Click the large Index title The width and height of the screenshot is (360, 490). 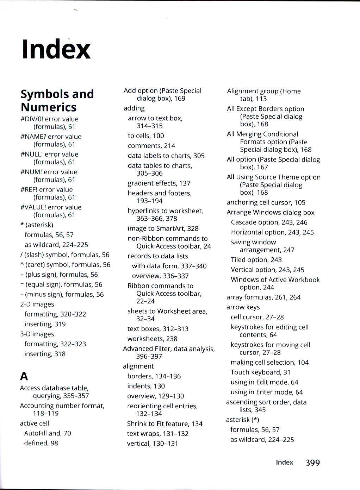[56, 49]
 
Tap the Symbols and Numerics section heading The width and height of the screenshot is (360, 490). [57, 100]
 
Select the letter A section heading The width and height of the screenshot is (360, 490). [24, 376]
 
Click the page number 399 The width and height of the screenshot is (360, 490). [313, 463]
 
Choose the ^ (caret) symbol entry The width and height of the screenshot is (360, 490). [65, 265]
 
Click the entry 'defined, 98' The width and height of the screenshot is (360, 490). [41, 443]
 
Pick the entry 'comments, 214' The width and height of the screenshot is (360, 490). [151, 146]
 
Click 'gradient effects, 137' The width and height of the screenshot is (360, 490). [159, 183]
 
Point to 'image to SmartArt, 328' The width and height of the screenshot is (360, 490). [163, 228]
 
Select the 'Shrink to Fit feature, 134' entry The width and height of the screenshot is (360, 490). [165, 424]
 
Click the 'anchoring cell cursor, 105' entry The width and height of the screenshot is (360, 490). [266, 202]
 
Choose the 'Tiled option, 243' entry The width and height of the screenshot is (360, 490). [256, 260]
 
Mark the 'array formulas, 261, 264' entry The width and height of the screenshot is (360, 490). [263, 297]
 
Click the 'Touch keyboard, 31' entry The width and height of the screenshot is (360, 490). [260, 372]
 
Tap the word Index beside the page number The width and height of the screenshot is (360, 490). [284, 463]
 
